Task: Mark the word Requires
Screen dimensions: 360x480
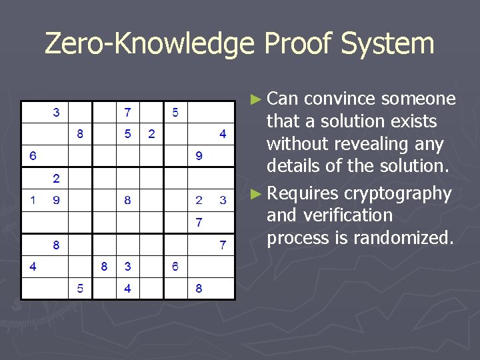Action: pos(301,193)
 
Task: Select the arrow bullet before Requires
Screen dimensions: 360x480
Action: pos(255,194)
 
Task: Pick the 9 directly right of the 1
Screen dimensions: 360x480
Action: pos(57,199)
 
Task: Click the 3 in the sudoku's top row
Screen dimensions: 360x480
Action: pos(57,112)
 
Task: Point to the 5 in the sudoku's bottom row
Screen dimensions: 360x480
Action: pos(80,289)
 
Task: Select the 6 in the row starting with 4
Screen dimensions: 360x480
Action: pos(175,267)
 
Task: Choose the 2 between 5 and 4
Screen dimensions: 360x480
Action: pos(151,134)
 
